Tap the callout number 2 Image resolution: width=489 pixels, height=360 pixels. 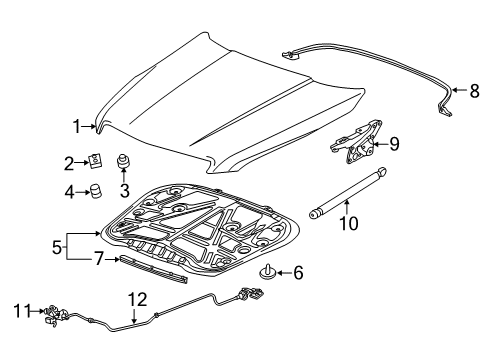point(69,162)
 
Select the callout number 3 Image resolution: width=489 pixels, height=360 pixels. point(125,189)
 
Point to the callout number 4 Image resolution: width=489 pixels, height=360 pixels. point(69,190)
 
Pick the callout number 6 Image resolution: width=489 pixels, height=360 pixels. point(297,271)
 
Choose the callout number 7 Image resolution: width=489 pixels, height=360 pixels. point(98,259)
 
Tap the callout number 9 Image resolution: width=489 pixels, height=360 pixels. point(393,144)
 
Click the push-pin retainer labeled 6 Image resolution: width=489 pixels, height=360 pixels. point(271,271)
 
